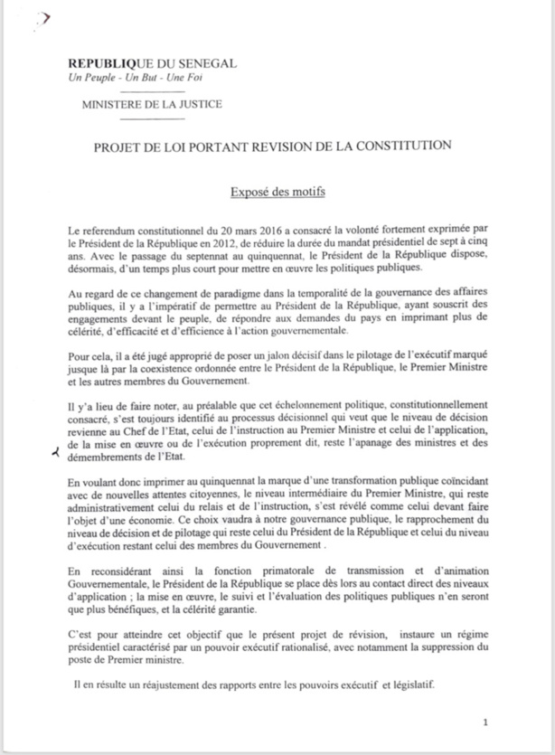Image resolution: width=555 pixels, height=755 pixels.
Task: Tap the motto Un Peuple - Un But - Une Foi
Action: tap(127, 79)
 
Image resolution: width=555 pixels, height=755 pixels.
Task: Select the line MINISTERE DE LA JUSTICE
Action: tap(152, 104)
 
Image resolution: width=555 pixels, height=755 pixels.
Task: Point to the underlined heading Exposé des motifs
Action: tap(277, 193)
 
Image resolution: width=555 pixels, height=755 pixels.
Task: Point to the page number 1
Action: tap(485, 722)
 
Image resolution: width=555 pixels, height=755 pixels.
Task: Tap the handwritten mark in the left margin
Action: tap(58, 455)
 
